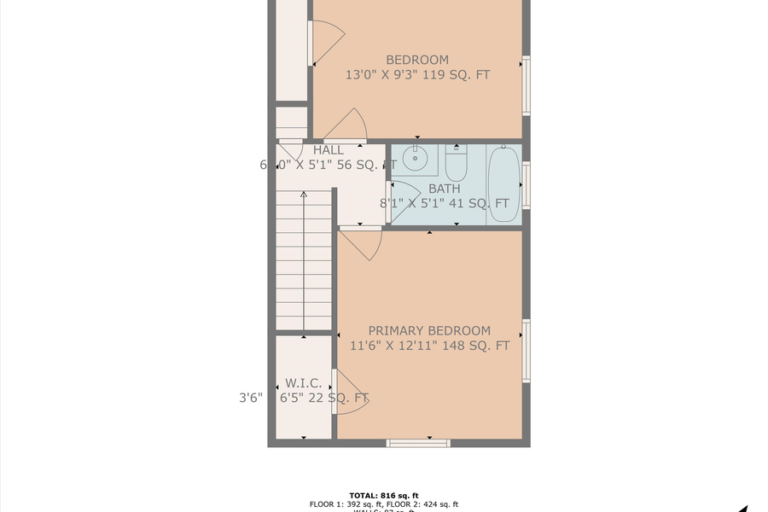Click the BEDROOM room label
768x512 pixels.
[417, 60]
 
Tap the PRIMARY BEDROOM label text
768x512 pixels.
[429, 330]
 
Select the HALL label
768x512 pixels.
[329, 150]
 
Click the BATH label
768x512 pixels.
[444, 189]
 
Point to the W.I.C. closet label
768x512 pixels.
[303, 383]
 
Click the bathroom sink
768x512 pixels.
[416, 158]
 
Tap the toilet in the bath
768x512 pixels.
[457, 160]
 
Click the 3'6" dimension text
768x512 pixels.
[250, 397]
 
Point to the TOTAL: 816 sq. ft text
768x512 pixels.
[384, 495]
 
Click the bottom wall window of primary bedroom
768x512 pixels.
[417, 443]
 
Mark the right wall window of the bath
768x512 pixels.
[527, 184]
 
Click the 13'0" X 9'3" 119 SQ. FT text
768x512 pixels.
[417, 75]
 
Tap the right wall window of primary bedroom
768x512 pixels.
[527, 351]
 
